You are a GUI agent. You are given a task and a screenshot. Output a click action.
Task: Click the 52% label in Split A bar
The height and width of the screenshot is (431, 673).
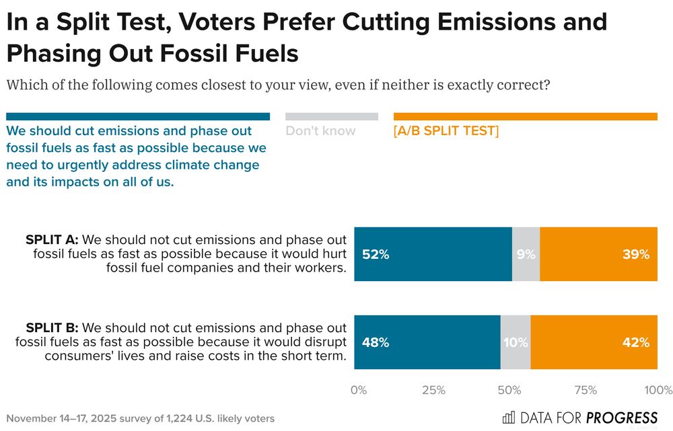click(x=376, y=255)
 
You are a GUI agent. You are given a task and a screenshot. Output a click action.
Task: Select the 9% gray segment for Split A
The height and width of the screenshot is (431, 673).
click(x=526, y=255)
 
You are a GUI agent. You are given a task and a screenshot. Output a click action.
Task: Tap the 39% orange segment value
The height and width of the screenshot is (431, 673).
click(x=635, y=255)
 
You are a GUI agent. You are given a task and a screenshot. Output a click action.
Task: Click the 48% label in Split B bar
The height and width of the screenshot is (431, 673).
click(x=376, y=342)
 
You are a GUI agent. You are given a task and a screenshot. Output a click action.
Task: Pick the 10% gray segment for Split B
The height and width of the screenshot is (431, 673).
click(x=516, y=342)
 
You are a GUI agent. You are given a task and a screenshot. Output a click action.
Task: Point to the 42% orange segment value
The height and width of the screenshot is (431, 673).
click(x=635, y=342)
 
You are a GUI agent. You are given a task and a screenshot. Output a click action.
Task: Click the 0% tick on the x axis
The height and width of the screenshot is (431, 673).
click(x=359, y=390)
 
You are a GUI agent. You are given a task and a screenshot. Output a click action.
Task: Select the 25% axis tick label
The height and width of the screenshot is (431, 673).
click(x=433, y=390)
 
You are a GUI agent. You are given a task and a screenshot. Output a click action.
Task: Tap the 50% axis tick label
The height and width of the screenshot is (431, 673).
click(x=509, y=390)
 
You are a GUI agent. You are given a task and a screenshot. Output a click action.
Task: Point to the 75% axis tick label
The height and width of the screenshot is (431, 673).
click(x=585, y=390)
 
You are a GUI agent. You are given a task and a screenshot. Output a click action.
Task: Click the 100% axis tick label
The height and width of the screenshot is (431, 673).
click(x=658, y=390)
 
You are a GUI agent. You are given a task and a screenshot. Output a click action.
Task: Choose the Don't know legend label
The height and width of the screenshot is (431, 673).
click(x=320, y=130)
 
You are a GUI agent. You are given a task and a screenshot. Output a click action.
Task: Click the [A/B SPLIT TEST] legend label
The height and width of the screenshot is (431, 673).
click(x=446, y=130)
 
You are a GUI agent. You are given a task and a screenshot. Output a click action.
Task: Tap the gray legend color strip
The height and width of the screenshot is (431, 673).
click(x=331, y=116)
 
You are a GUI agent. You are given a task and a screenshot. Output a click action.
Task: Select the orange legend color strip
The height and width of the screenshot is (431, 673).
click(x=525, y=116)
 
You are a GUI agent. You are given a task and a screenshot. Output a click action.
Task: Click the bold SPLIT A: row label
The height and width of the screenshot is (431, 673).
click(x=52, y=240)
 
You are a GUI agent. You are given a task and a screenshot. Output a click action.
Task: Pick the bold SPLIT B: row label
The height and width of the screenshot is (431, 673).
click(x=52, y=328)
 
